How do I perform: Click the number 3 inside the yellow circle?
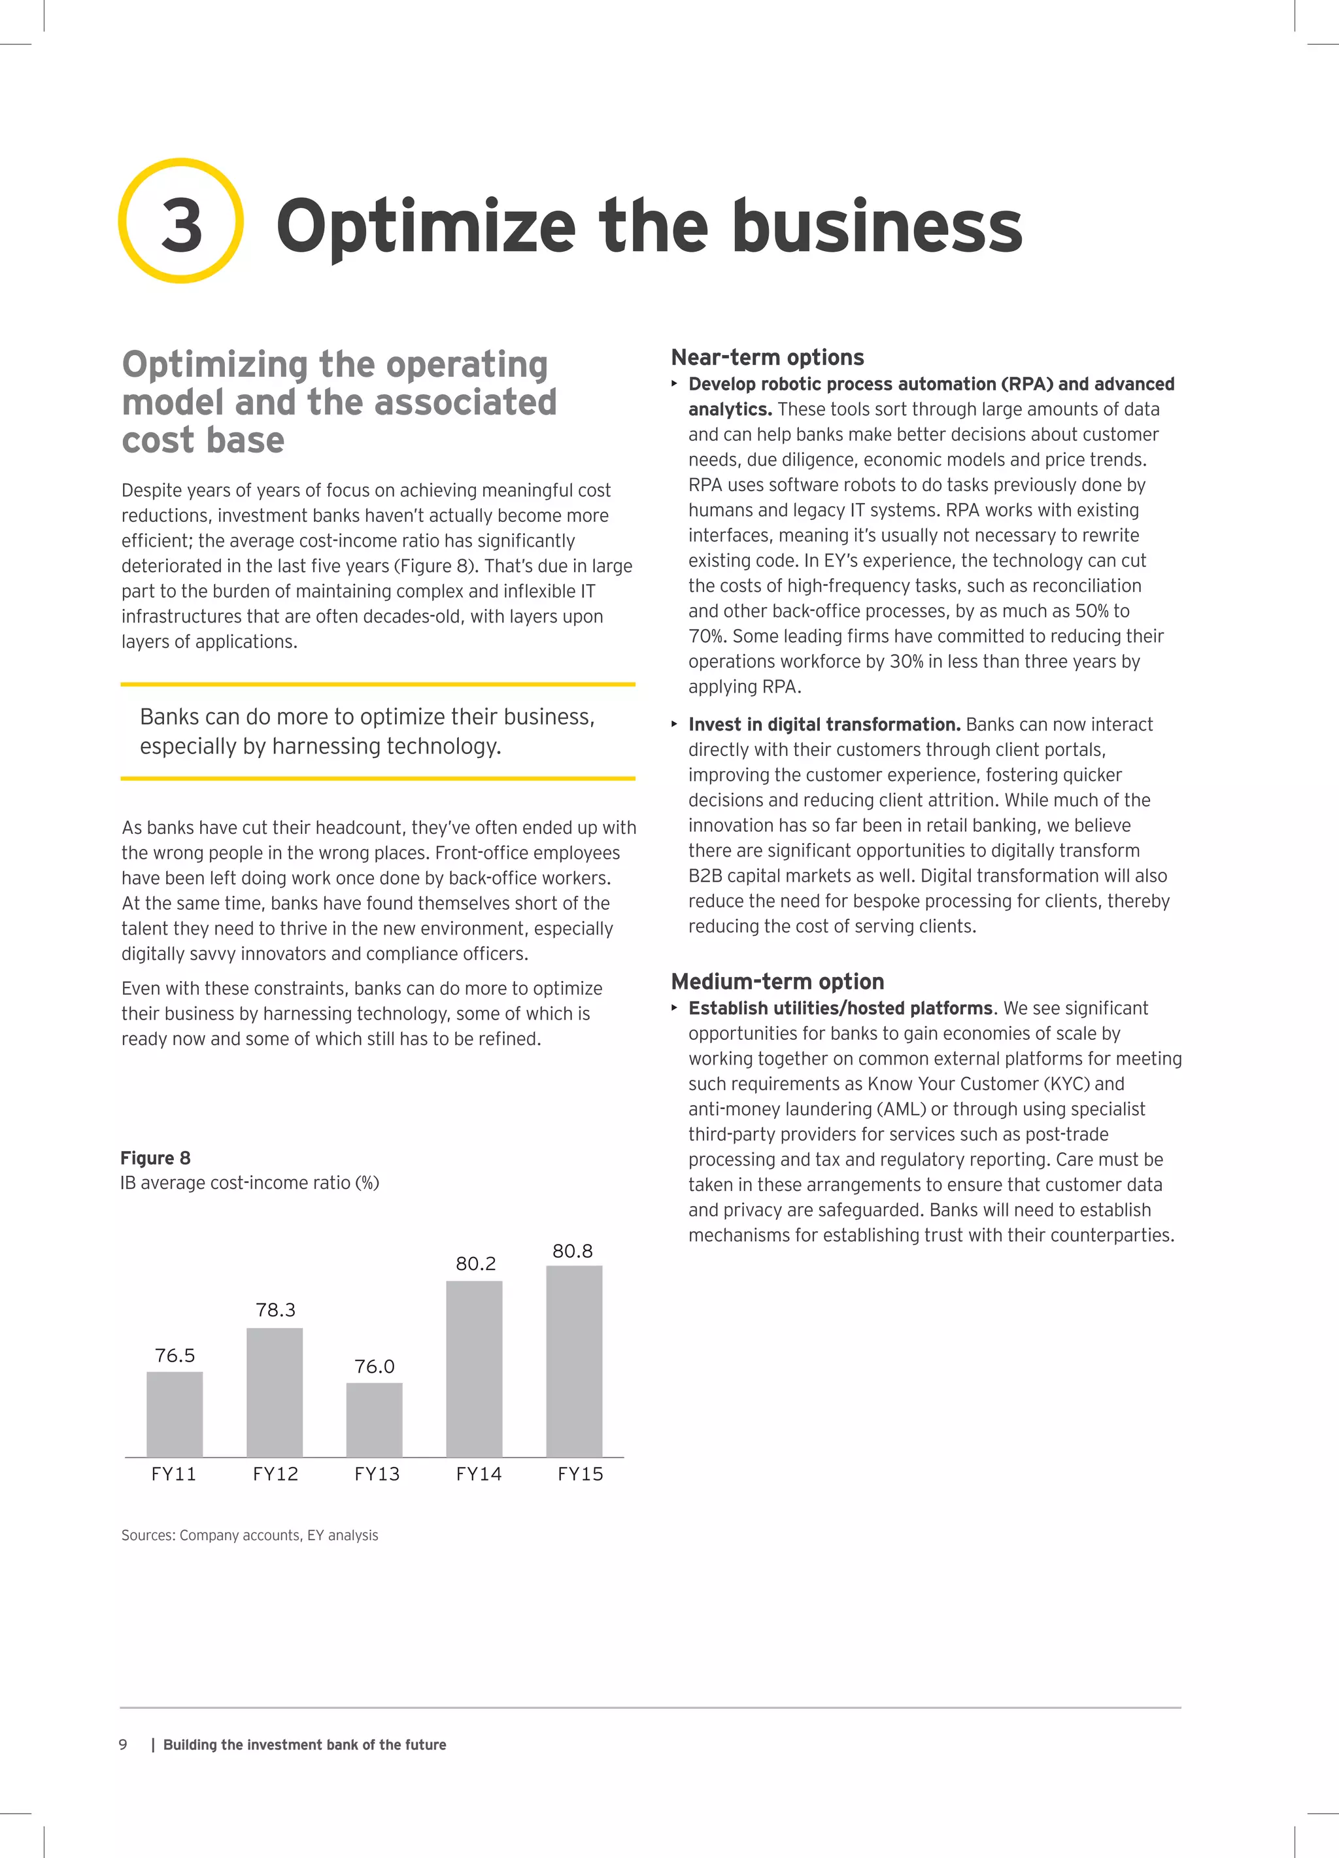[x=181, y=226]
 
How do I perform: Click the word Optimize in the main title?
[x=426, y=228]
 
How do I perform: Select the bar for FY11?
[x=175, y=1414]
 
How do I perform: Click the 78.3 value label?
[x=275, y=1310]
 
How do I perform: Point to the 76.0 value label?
[x=374, y=1366]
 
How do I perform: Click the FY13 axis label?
[x=377, y=1474]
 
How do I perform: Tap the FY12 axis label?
[x=275, y=1474]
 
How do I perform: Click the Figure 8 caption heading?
[x=156, y=1158]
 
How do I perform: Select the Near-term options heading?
[x=768, y=357]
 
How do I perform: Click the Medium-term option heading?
[x=777, y=982]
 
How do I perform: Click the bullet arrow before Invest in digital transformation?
[x=675, y=724]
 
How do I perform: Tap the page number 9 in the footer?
[x=123, y=1744]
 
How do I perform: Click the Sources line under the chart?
[x=250, y=1535]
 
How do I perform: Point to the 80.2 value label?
[x=476, y=1264]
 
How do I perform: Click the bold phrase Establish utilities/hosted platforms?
[x=840, y=1008]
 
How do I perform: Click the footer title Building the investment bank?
[x=305, y=1744]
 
